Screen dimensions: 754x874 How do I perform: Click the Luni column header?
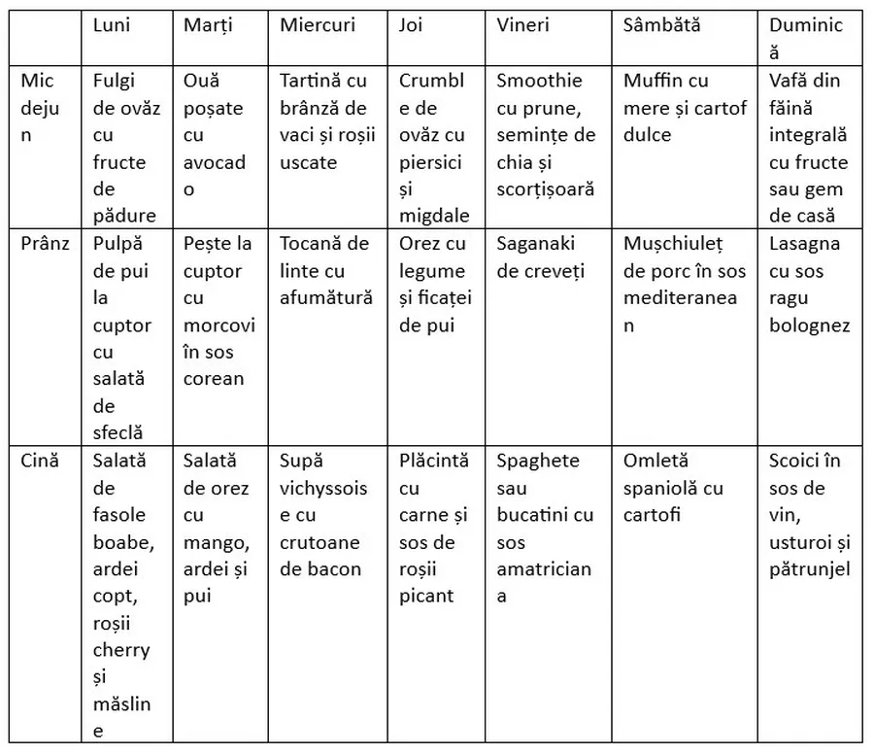tap(112, 25)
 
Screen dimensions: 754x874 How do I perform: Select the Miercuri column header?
tap(318, 25)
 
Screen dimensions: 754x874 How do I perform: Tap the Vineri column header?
tap(522, 25)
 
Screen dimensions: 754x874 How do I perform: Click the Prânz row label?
tap(46, 243)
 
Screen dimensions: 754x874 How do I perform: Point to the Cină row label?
tap(41, 461)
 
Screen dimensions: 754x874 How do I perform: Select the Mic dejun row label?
tap(40, 107)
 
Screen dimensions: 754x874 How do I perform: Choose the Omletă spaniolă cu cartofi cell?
tap(673, 473)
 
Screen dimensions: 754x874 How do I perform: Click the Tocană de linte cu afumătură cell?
tap(324, 270)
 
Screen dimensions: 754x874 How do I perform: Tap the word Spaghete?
tap(538, 461)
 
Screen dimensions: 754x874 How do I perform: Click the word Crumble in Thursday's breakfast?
tap(432, 93)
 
